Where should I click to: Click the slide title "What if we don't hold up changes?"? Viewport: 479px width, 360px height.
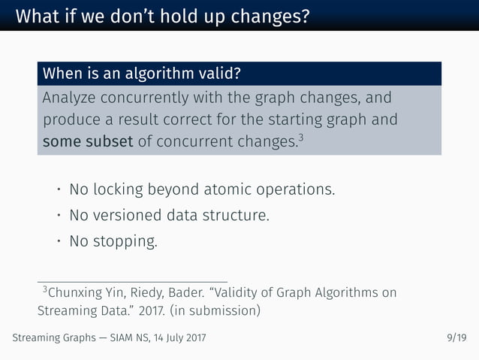coord(162,16)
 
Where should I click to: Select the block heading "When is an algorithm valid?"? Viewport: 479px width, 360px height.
coord(143,74)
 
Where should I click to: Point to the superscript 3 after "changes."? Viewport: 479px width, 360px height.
coord(300,138)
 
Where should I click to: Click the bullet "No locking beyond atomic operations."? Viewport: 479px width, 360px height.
coord(201,189)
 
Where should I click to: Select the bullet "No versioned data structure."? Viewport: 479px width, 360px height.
coord(168,216)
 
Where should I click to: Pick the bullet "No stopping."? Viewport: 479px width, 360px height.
coord(113,242)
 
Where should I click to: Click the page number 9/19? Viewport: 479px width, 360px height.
coord(456,338)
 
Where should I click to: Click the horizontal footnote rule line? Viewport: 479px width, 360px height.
coord(132,279)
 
